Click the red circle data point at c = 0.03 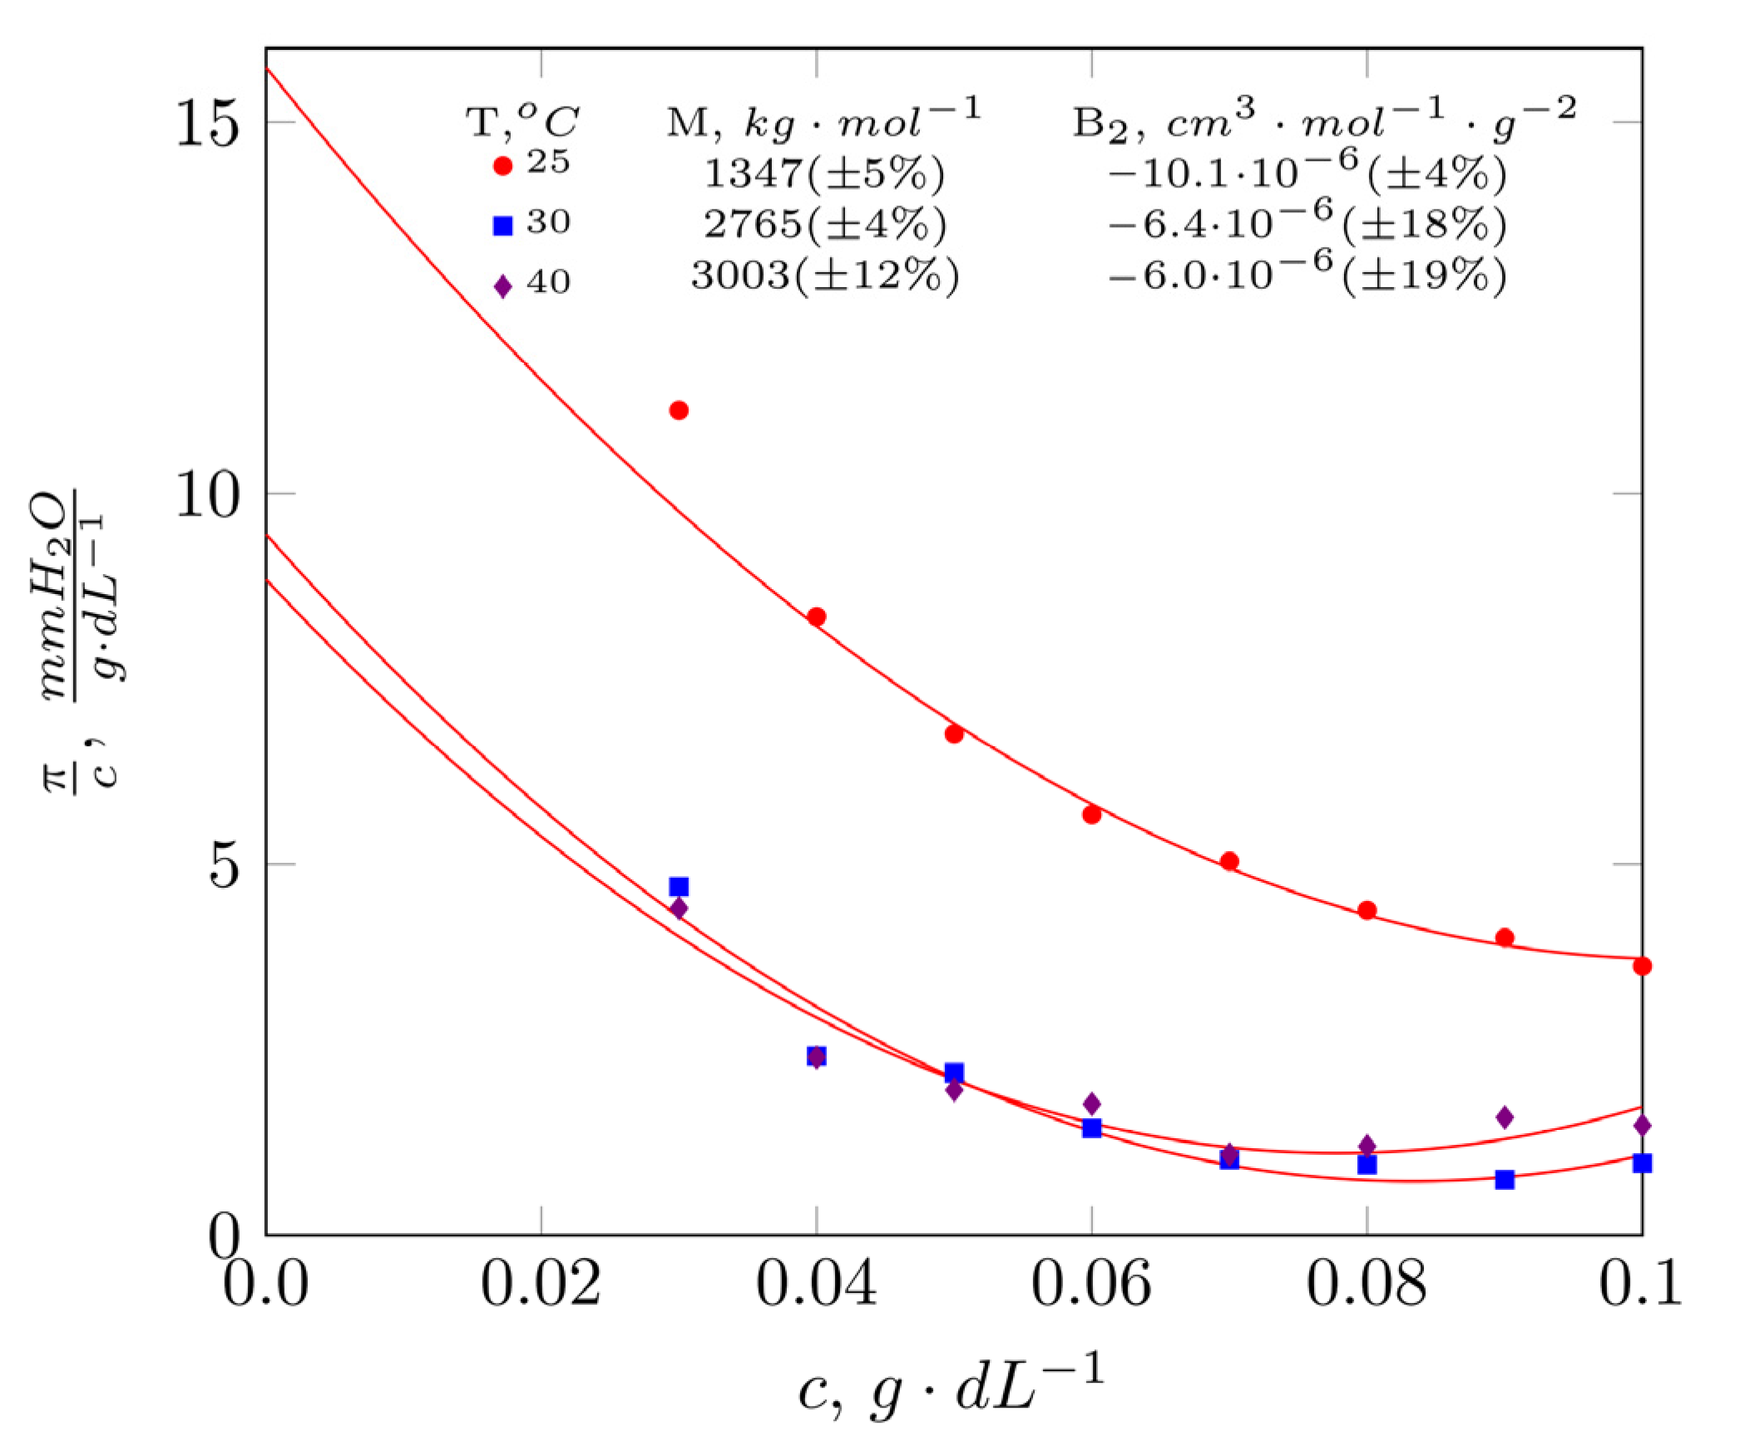pos(679,410)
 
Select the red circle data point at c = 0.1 pos(1642,966)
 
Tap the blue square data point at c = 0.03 pos(679,887)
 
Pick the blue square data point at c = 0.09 pos(1505,1180)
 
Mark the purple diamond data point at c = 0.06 pos(1092,1104)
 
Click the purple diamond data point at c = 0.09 pos(1505,1117)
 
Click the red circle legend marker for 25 pos(502,166)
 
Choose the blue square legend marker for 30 pos(502,225)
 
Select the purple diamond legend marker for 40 pos(502,286)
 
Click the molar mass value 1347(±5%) pos(824,174)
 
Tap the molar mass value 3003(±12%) pos(824,275)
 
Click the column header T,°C pos(522,121)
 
